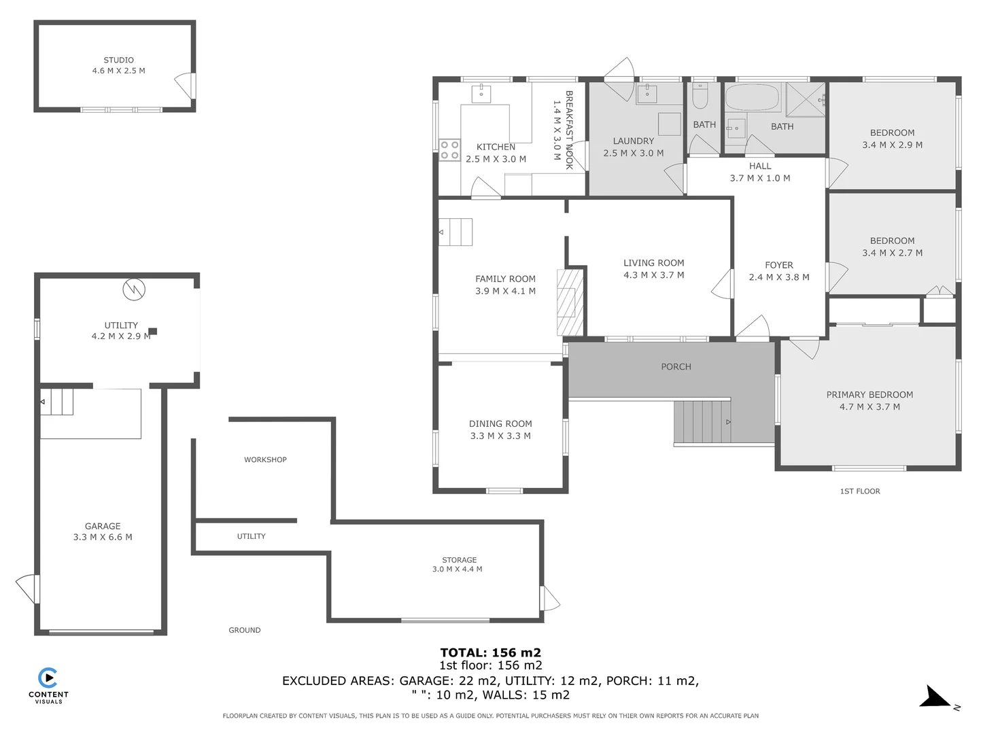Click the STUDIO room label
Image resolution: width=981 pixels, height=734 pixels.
point(118,60)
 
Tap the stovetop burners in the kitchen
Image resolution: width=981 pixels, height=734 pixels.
point(449,150)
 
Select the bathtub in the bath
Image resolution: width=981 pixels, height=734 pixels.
point(753,98)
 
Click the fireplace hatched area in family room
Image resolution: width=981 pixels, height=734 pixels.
point(570,302)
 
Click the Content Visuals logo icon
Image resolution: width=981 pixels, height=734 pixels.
point(48,678)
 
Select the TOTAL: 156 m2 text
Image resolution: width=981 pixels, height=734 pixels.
point(490,652)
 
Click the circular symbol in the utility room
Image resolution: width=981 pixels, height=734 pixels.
point(134,290)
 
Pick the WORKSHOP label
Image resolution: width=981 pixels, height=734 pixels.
point(265,459)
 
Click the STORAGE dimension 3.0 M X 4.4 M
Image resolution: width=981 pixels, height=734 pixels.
point(457,570)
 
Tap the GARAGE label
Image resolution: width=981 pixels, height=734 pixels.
point(103,526)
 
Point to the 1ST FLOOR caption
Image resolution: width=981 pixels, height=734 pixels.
point(859,491)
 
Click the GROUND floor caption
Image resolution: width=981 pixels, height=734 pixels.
point(244,630)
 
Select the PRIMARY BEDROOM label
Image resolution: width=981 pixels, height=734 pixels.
point(870,395)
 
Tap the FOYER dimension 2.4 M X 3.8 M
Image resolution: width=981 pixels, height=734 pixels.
point(778,277)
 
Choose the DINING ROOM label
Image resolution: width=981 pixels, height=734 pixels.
point(500,423)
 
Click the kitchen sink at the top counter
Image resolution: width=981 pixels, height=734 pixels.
point(481,93)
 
